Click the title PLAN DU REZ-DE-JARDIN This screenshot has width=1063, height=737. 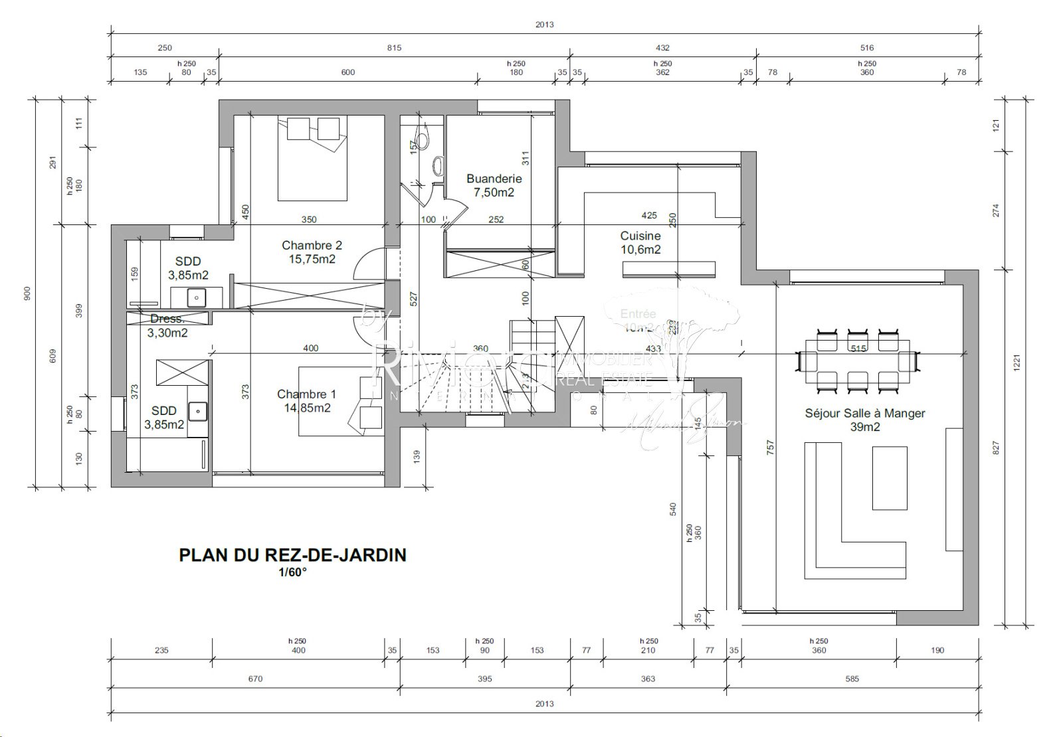tap(292, 555)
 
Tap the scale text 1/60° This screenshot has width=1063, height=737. tap(292, 572)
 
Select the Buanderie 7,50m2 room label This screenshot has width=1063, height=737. tap(494, 185)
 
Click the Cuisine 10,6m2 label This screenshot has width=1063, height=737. tap(640, 242)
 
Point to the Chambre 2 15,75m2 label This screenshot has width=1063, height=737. tap(312, 252)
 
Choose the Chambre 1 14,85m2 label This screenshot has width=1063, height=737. tap(307, 401)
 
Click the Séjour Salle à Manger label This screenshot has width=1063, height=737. tap(864, 420)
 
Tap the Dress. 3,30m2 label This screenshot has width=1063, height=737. tap(167, 326)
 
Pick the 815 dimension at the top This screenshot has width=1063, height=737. tap(394, 48)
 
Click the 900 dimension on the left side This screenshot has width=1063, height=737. tap(27, 293)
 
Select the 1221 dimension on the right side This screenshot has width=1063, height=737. tap(1016, 363)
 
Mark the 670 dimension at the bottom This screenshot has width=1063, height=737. tap(255, 679)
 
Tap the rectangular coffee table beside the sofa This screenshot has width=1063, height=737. tap(890, 478)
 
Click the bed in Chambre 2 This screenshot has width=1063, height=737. tap(312, 159)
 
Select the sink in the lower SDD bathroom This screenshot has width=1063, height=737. tap(198, 412)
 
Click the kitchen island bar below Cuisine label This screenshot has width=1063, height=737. tap(668, 269)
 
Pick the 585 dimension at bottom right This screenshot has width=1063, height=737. tap(852, 679)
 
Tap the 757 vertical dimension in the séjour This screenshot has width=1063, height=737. tap(770, 447)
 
